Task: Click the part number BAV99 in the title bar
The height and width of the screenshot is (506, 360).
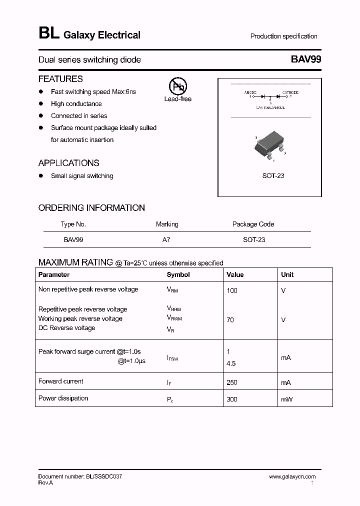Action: (x=305, y=59)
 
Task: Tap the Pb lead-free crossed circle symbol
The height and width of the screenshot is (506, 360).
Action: (x=177, y=86)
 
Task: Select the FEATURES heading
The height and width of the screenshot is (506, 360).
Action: (x=60, y=79)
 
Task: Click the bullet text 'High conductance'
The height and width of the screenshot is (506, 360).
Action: (x=76, y=104)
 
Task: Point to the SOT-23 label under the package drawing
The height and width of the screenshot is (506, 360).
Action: (x=273, y=176)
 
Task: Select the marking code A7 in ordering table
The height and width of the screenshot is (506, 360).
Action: (x=166, y=240)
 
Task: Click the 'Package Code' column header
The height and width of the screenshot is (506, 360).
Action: (x=253, y=224)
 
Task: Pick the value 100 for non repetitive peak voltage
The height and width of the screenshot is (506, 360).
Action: (x=232, y=290)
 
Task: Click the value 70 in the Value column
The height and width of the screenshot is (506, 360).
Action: (x=230, y=320)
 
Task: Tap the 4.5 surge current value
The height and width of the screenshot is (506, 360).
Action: (x=231, y=364)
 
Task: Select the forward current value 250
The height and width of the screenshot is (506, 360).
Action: (x=232, y=382)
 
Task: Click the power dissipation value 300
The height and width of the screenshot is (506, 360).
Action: (x=232, y=399)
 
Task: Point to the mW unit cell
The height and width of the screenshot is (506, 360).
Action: (x=287, y=399)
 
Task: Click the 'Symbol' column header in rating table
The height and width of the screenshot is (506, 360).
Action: (x=178, y=274)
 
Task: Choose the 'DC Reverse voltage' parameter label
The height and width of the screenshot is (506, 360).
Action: (x=66, y=328)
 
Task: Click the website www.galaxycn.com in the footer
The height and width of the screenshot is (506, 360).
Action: (x=292, y=477)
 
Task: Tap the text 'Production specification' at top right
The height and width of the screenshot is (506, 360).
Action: (x=283, y=36)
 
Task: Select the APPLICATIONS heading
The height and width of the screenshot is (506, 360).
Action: (x=68, y=163)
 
